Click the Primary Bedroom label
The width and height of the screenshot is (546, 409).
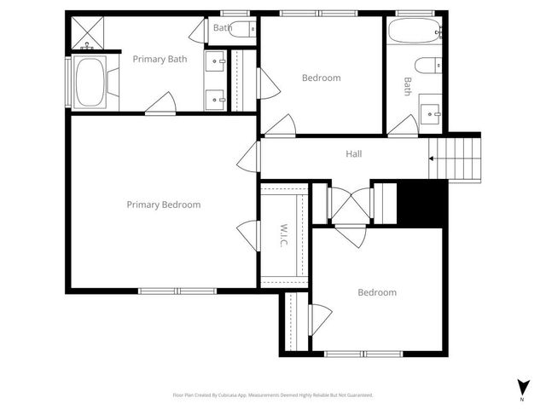pyautogui.click(x=163, y=204)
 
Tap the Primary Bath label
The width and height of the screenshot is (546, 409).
pyautogui.click(x=160, y=59)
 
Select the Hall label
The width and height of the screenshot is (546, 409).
pyautogui.click(x=353, y=154)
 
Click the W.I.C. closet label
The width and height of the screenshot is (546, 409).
pyautogui.click(x=282, y=236)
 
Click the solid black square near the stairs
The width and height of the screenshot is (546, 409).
pyautogui.click(x=423, y=203)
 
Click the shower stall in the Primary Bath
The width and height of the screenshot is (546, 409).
pyautogui.click(x=87, y=33)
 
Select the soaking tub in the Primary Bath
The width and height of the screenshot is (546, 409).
pyautogui.click(x=89, y=83)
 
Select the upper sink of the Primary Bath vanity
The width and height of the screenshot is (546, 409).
pyautogui.click(x=215, y=62)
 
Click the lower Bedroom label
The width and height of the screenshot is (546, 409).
pyautogui.click(x=376, y=292)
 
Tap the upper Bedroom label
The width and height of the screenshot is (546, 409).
pyautogui.click(x=321, y=78)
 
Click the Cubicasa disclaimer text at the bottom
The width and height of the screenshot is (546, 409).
pyautogui.click(x=272, y=395)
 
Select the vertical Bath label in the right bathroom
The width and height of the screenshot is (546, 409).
pyautogui.click(x=407, y=86)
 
